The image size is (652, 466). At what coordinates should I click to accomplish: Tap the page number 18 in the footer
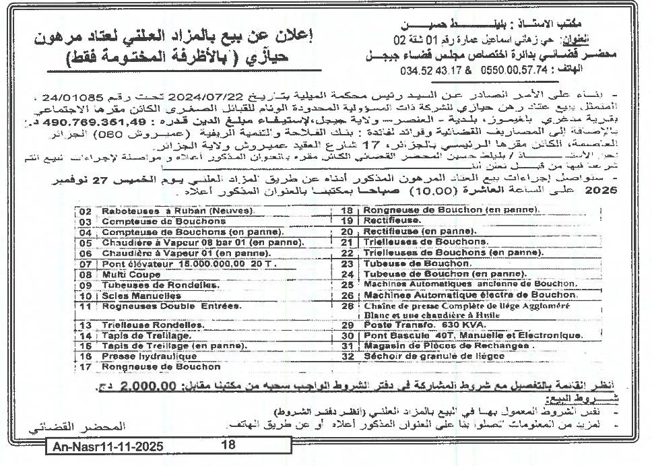pyautogui.click(x=228, y=445)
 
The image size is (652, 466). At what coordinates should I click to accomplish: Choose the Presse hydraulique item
pyautogui.click(x=140, y=356)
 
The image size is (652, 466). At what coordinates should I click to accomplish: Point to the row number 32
pyautogui.click(x=348, y=356)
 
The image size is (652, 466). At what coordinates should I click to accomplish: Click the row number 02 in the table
pyautogui.click(x=85, y=211)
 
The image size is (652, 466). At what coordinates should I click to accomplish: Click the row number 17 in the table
pyautogui.click(x=85, y=367)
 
